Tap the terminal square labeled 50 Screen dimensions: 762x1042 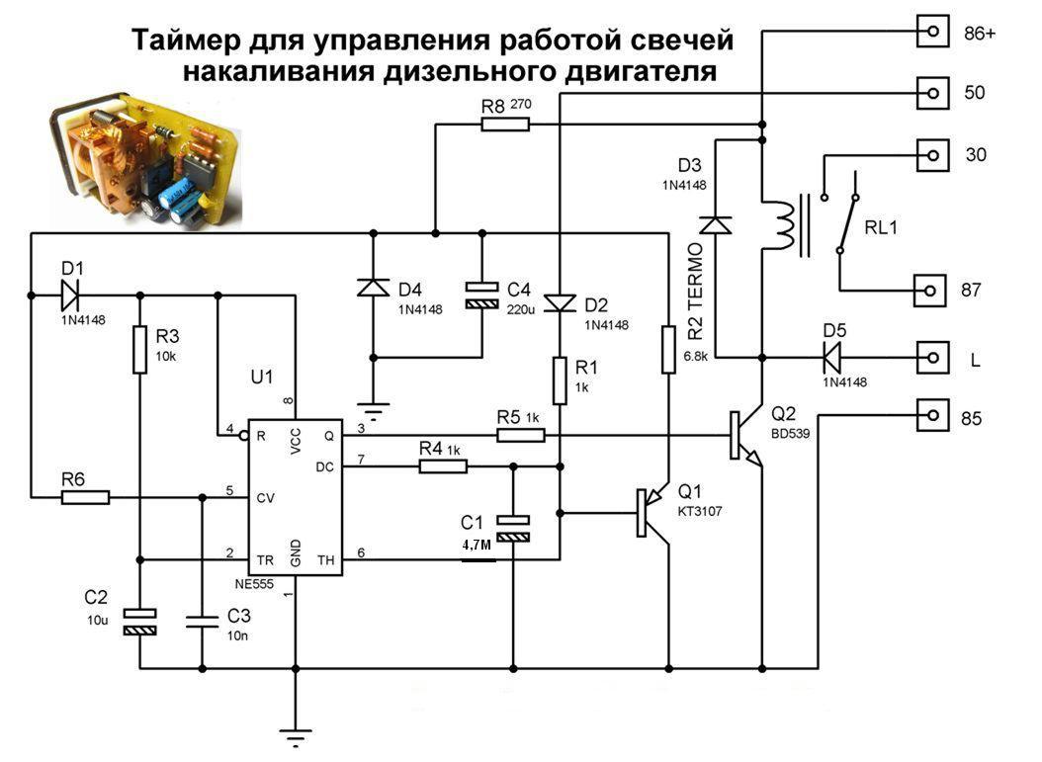[x=930, y=94]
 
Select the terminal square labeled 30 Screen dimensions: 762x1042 [x=930, y=155]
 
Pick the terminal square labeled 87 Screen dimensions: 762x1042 [x=930, y=291]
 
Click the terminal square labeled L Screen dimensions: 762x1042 [x=930, y=357]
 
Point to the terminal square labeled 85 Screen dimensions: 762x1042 [x=930, y=415]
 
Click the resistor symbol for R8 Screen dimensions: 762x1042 [x=505, y=125]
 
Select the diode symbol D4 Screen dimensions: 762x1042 [x=373, y=288]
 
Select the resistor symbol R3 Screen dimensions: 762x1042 [x=140, y=350]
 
